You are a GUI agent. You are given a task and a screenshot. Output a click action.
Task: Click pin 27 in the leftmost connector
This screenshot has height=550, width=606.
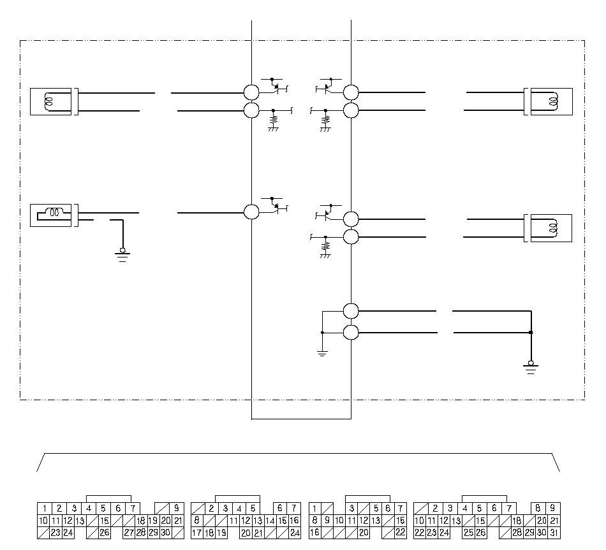(129, 533)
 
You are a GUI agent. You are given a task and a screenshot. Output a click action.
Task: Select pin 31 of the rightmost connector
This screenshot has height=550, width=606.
(554, 533)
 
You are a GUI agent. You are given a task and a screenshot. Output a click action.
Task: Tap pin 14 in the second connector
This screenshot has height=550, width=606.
(270, 521)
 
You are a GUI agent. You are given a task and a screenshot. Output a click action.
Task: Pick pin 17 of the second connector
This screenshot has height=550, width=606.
(196, 533)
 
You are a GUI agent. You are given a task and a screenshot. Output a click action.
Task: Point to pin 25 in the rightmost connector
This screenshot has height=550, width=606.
(468, 533)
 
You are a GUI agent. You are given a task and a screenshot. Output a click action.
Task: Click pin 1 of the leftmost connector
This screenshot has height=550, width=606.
(45, 509)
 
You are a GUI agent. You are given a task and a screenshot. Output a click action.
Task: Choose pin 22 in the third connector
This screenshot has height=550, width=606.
(401, 533)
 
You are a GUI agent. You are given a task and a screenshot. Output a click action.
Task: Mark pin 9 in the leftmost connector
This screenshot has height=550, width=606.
(177, 509)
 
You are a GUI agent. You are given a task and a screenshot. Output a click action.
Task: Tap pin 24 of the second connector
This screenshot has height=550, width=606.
(295, 533)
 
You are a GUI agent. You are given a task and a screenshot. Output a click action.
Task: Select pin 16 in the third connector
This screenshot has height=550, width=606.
(315, 533)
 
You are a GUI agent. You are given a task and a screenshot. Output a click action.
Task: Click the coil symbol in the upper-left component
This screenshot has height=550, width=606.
(48, 101)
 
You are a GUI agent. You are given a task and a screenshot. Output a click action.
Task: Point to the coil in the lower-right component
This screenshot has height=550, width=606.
(553, 228)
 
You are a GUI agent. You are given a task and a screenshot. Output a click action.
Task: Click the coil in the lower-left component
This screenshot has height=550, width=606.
(54, 212)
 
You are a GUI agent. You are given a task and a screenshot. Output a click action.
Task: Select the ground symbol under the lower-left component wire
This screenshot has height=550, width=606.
(122, 256)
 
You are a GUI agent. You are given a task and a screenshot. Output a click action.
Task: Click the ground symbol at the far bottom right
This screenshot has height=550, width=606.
(531, 368)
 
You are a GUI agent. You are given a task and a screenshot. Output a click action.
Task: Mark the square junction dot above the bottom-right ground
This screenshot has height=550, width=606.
(531, 332)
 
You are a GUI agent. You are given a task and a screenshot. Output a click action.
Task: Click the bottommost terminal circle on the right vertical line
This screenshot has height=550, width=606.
(351, 333)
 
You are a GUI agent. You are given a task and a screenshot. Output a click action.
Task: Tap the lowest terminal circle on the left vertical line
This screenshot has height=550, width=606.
(251, 212)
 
